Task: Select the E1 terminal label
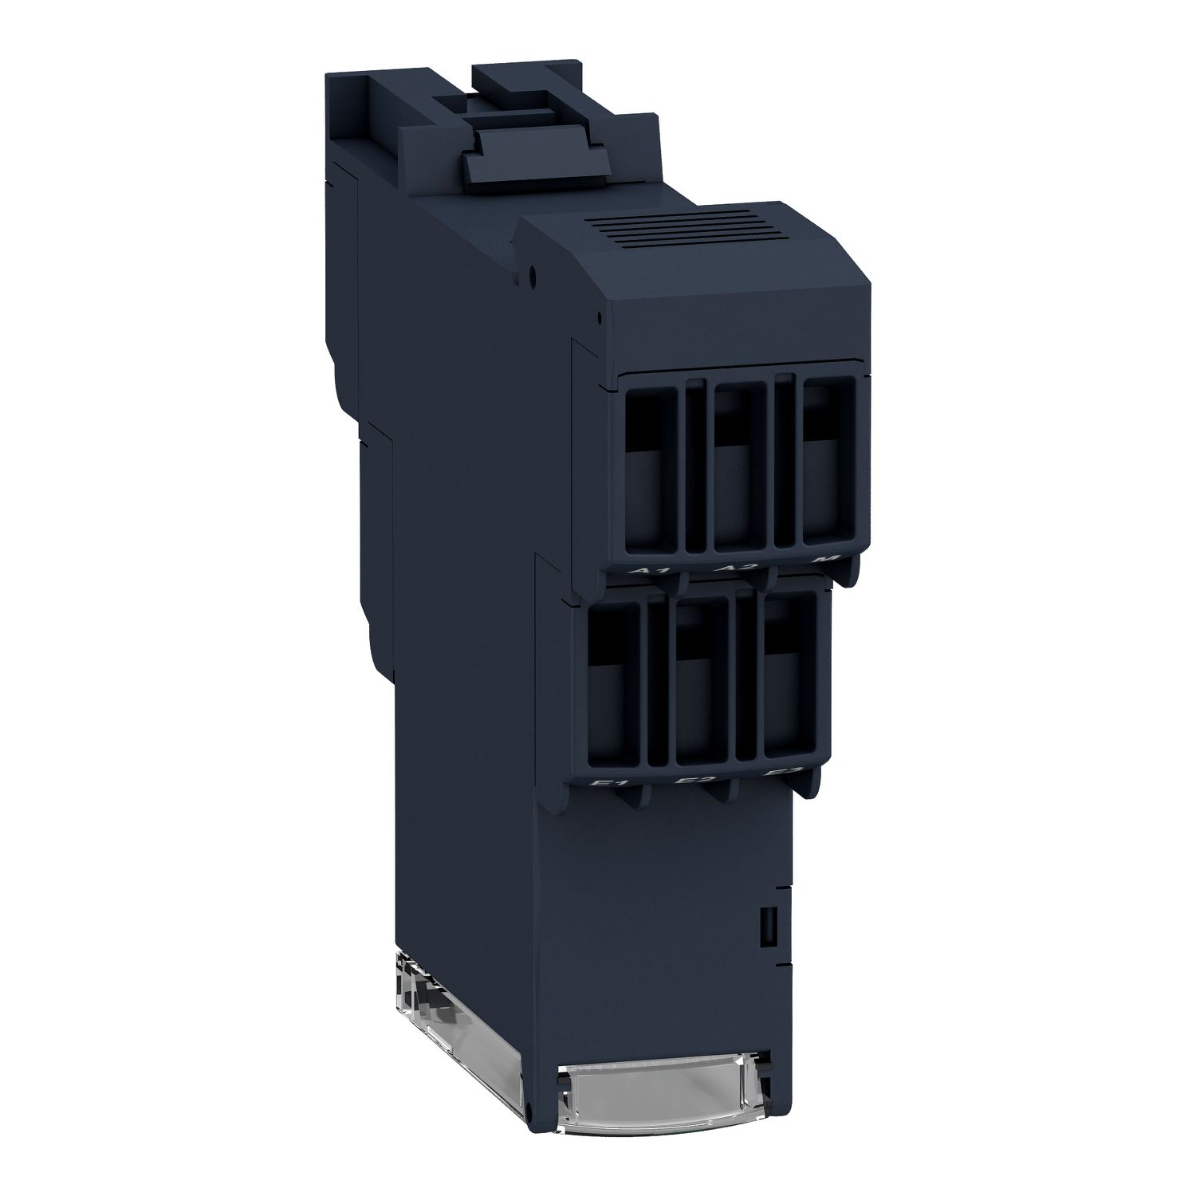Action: tap(611, 786)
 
